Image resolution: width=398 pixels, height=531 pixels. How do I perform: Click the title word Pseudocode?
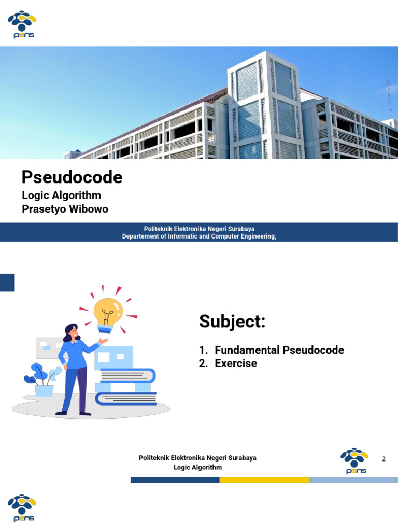pyautogui.click(x=72, y=178)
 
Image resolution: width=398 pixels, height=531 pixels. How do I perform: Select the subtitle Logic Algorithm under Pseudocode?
pyautogui.click(x=61, y=195)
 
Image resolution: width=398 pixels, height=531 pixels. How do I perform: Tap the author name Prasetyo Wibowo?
pyautogui.click(x=65, y=209)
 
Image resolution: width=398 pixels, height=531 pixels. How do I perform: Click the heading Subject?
pyautogui.click(x=232, y=322)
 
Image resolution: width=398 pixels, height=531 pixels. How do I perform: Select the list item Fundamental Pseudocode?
pyautogui.click(x=279, y=350)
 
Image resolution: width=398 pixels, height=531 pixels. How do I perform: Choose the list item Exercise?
pyautogui.click(x=236, y=364)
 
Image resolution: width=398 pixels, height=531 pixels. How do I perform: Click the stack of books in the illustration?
pyautogui.click(x=126, y=387)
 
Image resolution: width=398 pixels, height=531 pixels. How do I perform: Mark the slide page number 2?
pyautogui.click(x=384, y=459)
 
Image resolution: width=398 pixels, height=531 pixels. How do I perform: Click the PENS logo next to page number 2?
pyautogui.click(x=354, y=460)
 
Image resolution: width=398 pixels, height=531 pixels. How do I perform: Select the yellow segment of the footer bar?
pyautogui.click(x=264, y=480)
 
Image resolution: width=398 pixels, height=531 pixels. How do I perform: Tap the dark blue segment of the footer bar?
pyautogui.click(x=175, y=480)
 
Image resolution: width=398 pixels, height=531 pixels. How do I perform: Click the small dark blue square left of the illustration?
pyautogui.click(x=7, y=283)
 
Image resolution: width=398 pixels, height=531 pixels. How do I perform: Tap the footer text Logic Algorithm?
pyautogui.click(x=197, y=467)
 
